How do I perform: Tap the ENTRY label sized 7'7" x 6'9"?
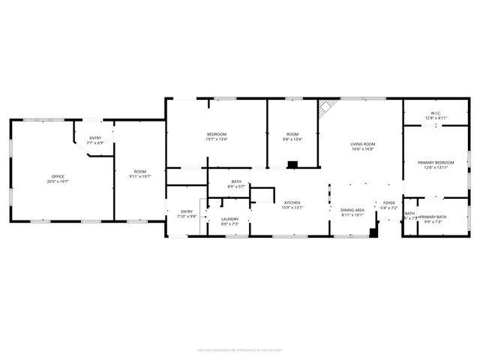[x=95, y=140]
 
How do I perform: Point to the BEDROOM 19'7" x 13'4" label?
[x=217, y=136]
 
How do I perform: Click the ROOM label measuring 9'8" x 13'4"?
[x=292, y=136]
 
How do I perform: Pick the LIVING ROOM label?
[x=363, y=146]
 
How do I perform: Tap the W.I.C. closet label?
[x=436, y=115]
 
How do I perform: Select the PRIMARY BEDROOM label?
[x=436, y=164]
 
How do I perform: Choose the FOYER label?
[x=388, y=205]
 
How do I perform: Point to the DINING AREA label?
[x=352, y=212]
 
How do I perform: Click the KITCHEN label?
[x=292, y=205]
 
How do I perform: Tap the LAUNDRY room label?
[x=229, y=221]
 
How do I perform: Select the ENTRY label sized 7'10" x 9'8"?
[x=187, y=214]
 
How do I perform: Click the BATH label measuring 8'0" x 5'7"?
[x=236, y=184]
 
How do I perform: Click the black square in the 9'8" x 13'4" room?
[x=292, y=163]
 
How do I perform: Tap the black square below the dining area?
[x=373, y=232]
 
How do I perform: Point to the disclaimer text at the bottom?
[x=240, y=349]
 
